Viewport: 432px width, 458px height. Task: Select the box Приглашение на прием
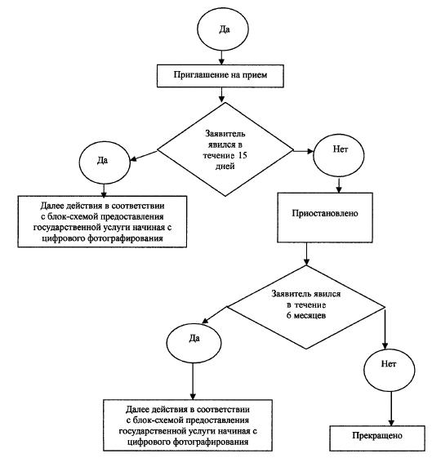point(220,76)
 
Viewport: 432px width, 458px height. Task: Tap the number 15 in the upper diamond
point(243,155)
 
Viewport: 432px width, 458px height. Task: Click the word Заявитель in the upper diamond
point(225,134)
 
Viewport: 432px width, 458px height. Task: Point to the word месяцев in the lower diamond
point(310,316)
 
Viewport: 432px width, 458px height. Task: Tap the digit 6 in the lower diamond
point(288,316)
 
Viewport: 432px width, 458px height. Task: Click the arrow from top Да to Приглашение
point(221,58)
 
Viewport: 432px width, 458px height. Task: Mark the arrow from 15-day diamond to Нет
point(303,151)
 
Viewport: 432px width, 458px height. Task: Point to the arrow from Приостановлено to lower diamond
point(306,254)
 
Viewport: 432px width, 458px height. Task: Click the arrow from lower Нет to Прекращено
point(391,409)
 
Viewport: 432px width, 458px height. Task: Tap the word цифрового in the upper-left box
point(64,238)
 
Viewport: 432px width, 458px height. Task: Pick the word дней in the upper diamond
point(225,167)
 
